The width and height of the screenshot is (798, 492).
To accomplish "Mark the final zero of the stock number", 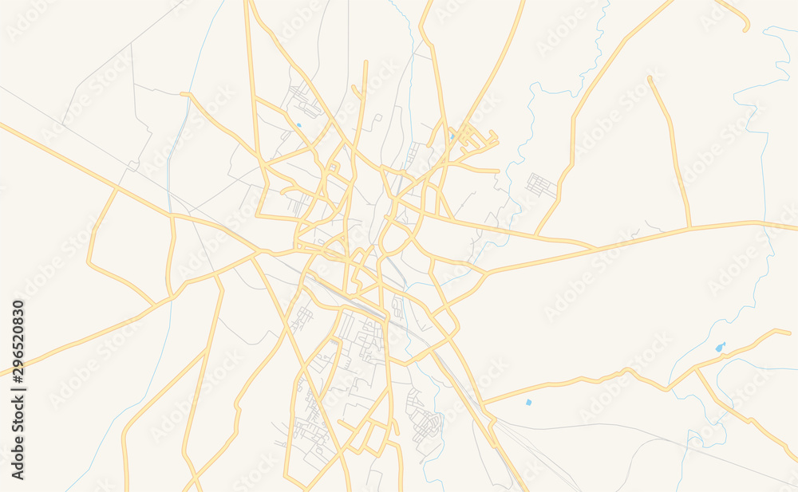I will (x=18, y=304).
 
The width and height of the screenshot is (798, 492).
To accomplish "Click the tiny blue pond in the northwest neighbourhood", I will (x=298, y=125).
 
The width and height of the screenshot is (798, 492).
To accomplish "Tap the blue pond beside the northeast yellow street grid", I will (x=452, y=136).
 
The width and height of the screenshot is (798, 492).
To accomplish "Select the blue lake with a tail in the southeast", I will (x=721, y=348).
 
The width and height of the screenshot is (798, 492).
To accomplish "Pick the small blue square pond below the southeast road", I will (x=528, y=402).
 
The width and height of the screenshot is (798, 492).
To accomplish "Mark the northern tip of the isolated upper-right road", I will (x=651, y=78).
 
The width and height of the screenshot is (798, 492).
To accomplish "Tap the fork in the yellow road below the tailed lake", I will (x=696, y=369).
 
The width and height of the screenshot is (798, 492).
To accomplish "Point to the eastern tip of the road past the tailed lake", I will (x=788, y=330).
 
